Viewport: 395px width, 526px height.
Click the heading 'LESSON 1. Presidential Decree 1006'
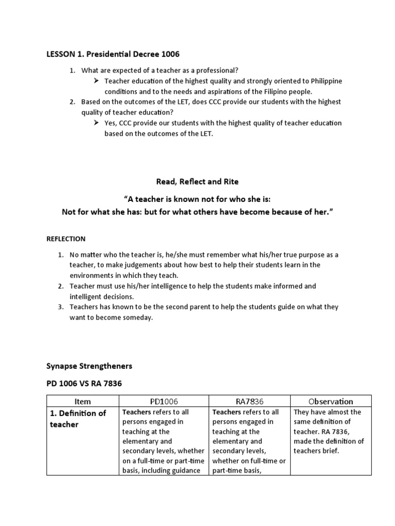click(113, 54)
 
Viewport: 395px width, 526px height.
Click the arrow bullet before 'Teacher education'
click(96, 81)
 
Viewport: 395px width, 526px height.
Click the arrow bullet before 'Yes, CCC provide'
click(96, 123)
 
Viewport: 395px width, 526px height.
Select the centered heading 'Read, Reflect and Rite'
click(197, 181)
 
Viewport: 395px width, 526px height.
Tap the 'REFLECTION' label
click(66, 239)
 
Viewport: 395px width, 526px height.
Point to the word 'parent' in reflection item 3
click(203, 307)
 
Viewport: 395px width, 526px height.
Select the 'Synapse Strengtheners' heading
click(89, 366)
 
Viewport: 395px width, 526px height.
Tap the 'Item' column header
click(82, 402)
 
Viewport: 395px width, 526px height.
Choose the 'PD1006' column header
click(163, 402)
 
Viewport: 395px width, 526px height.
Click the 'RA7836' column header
click(249, 402)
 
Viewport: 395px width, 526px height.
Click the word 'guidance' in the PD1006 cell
click(185, 471)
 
